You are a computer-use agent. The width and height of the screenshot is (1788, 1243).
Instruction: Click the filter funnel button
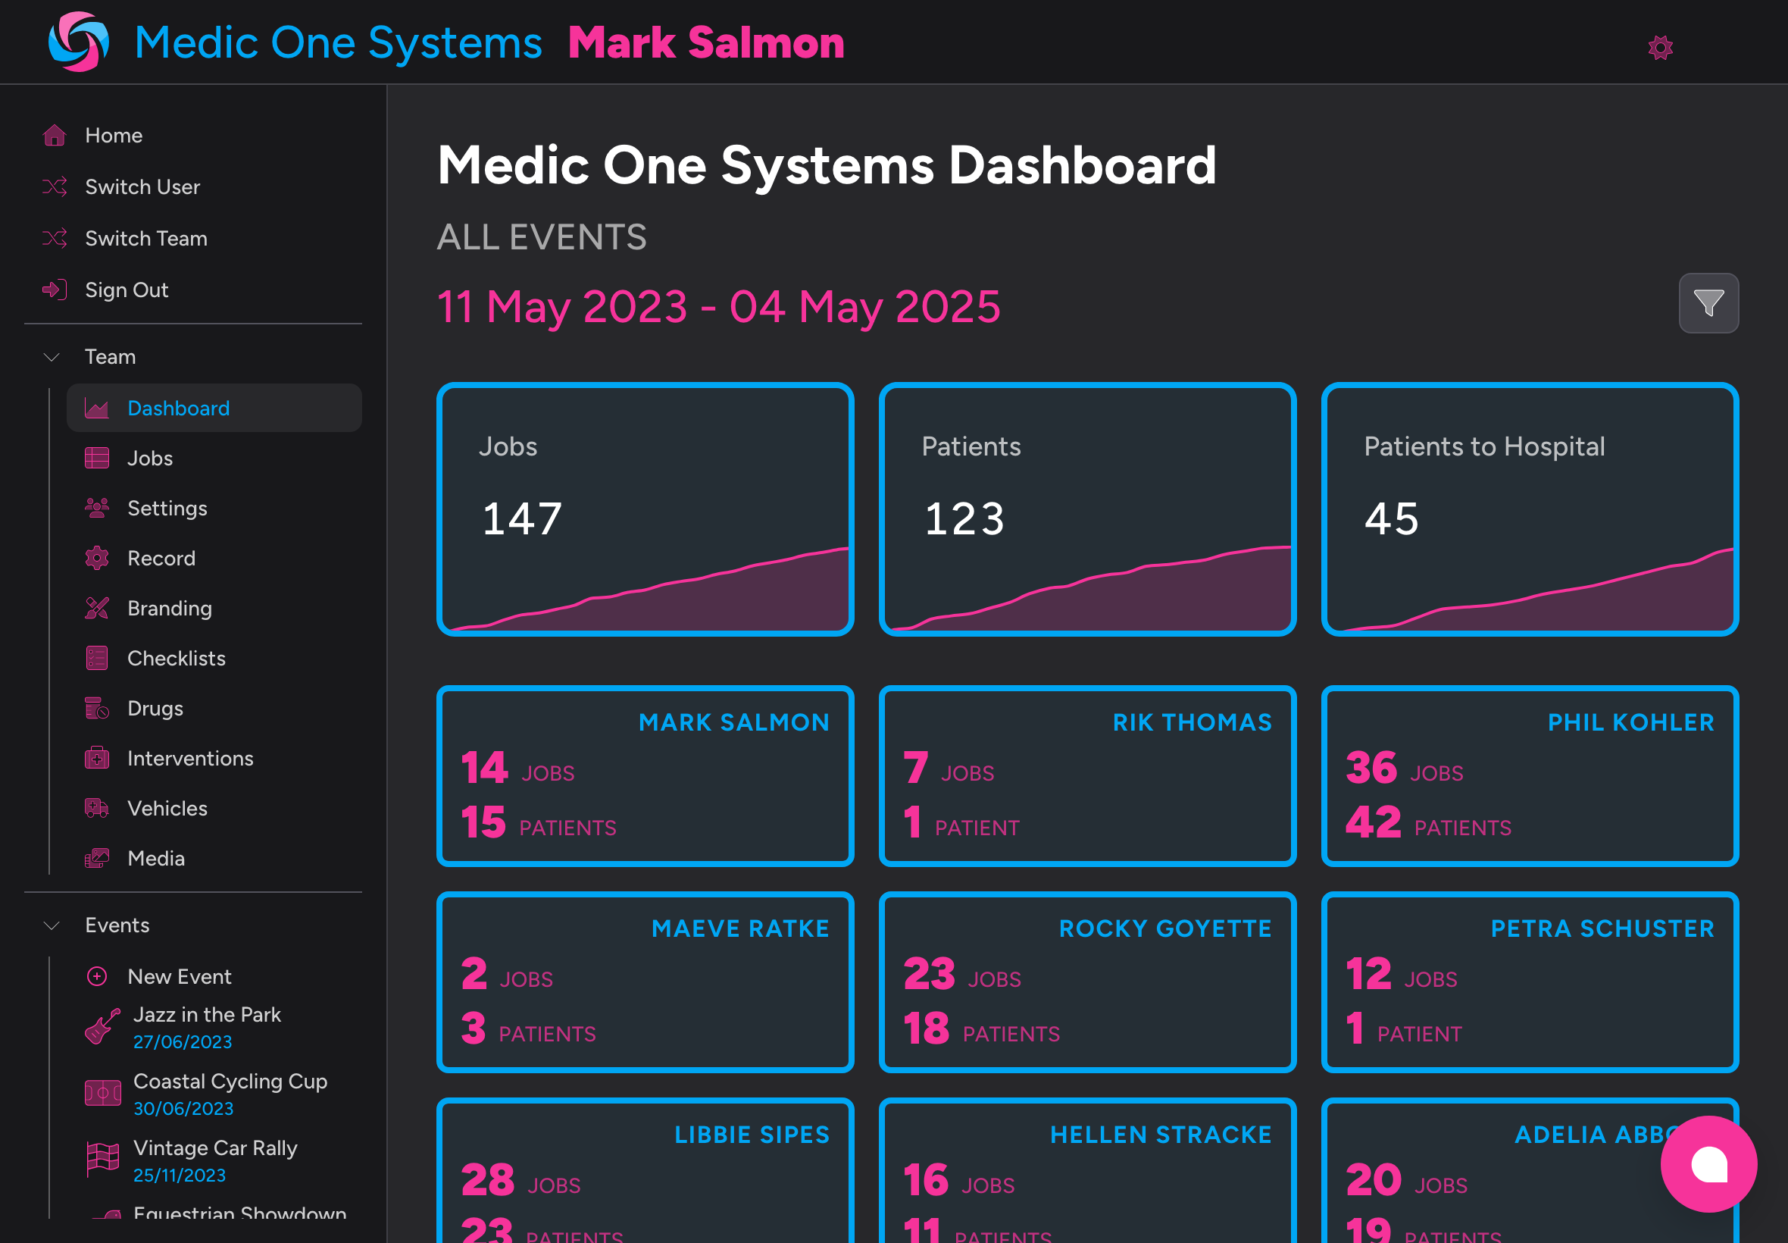coord(1708,303)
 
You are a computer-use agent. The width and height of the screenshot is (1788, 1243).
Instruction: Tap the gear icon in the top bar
coord(1661,48)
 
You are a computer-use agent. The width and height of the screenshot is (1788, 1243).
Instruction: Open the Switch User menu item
coord(142,187)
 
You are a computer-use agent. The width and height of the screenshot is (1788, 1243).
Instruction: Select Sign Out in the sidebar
coord(126,290)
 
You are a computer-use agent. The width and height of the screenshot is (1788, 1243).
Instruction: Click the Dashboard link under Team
coord(178,408)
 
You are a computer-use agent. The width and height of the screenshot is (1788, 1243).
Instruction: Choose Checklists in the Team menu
coord(176,658)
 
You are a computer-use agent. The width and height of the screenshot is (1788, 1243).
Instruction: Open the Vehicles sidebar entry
coord(167,809)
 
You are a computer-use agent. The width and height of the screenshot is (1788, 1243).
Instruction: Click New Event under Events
coord(179,977)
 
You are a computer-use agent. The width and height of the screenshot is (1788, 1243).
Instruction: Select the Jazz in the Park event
coord(207,1015)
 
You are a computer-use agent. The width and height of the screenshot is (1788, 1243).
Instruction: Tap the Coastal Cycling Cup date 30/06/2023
coord(183,1108)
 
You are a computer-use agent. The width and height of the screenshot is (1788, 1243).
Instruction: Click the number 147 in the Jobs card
coord(521,518)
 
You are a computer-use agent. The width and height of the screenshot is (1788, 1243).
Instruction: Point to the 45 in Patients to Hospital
coord(1391,518)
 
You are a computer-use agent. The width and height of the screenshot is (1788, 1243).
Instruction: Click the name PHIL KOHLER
coord(1630,723)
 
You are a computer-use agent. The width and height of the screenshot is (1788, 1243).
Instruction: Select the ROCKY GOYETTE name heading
coord(1164,928)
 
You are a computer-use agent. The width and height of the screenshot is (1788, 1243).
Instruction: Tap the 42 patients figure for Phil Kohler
coord(1373,822)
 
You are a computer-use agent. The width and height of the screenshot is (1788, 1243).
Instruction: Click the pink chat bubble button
coord(1708,1163)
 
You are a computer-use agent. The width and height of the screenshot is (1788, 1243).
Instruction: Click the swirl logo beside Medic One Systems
coord(78,42)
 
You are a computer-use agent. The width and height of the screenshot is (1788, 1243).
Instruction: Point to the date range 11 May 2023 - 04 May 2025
coord(717,307)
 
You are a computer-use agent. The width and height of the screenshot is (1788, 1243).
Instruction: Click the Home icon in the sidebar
coord(55,136)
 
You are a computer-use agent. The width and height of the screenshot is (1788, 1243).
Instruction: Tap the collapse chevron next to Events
coord(52,925)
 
